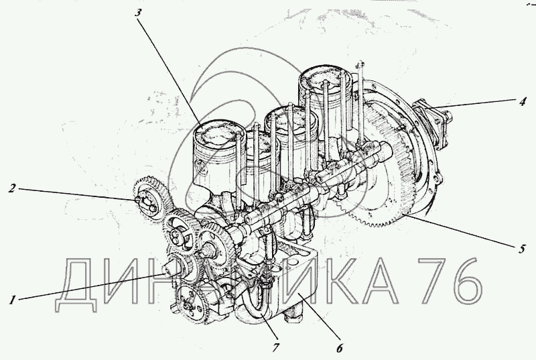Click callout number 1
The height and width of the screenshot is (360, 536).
point(12,300)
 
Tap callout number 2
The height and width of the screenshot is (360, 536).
point(12,188)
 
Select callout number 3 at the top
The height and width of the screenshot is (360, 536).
point(137,13)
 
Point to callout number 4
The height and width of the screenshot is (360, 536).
point(522,101)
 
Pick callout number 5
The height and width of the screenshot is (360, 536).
point(521,249)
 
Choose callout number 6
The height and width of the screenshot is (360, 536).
point(339,349)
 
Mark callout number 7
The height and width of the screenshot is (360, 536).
point(275,348)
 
